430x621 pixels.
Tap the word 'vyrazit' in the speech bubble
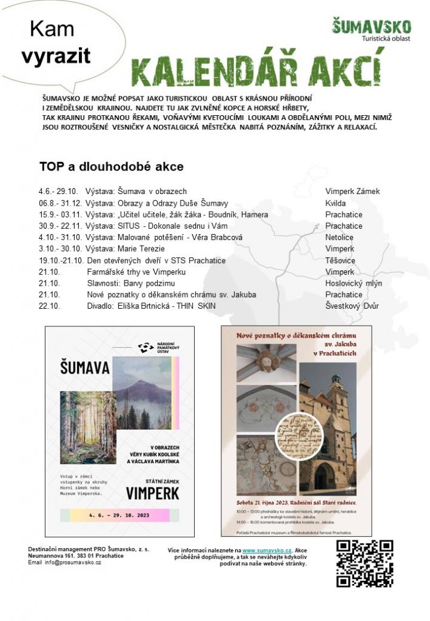pyautogui.click(x=56, y=56)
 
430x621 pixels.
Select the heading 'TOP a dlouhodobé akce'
pyautogui.click(x=111, y=166)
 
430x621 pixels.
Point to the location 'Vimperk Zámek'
pyautogui.click(x=352, y=191)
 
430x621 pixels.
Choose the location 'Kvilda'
pyautogui.click(x=335, y=203)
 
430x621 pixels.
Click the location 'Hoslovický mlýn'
pyautogui.click(x=354, y=283)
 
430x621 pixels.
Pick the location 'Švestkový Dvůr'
pyautogui.click(x=352, y=306)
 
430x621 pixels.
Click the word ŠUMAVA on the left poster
pyautogui.click(x=84, y=368)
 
